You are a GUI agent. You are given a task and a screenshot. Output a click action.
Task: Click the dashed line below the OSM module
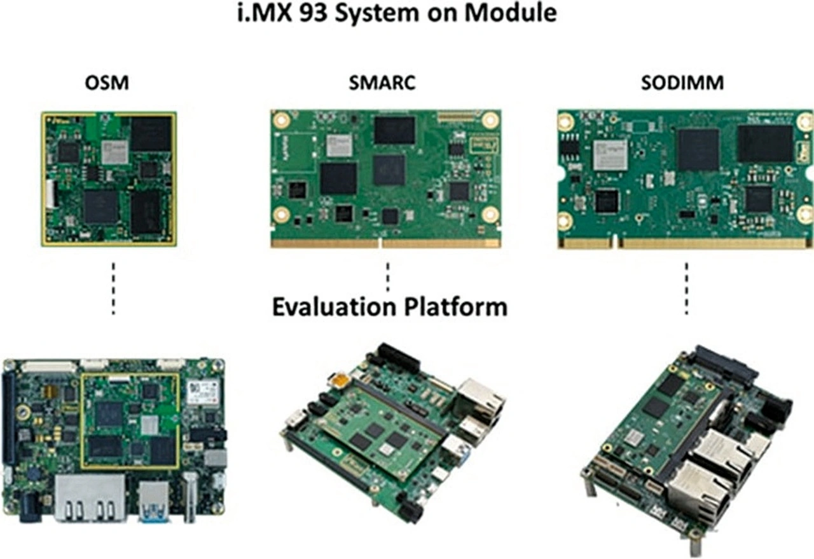click(x=113, y=289)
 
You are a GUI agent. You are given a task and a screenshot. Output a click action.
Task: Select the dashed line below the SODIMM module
click(x=687, y=289)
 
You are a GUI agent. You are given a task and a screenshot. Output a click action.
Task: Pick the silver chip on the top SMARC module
click(x=340, y=146)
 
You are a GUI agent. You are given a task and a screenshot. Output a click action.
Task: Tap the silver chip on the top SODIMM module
click(x=610, y=155)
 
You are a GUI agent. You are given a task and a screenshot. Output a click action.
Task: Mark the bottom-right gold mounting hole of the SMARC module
click(x=490, y=215)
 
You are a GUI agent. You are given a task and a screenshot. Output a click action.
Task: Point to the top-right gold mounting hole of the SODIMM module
click(x=804, y=121)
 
